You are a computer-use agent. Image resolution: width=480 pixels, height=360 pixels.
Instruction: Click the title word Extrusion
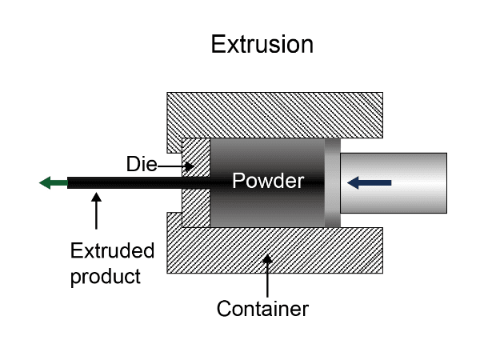pyautogui.click(x=262, y=44)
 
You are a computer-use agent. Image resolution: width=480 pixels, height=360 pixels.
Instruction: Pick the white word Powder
pyautogui.click(x=267, y=182)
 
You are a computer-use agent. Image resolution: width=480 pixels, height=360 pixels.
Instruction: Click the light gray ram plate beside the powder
pyautogui.click(x=332, y=182)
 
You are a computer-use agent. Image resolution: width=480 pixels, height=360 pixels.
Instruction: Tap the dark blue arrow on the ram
pyautogui.click(x=369, y=183)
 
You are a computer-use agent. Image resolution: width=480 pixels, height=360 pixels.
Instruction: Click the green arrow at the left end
pyautogui.click(x=52, y=182)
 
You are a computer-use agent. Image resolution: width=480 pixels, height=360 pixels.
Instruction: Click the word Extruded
pyautogui.click(x=112, y=251)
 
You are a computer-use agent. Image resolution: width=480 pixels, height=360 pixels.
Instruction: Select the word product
pyautogui.click(x=106, y=277)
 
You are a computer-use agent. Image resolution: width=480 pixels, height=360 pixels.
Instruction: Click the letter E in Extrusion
pyautogui.click(x=217, y=44)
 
